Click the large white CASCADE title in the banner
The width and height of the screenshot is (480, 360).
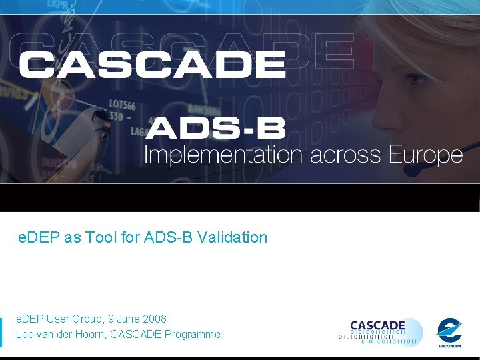coord(152,65)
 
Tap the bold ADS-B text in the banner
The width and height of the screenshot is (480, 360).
coord(215,129)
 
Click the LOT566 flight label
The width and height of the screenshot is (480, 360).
coord(122,105)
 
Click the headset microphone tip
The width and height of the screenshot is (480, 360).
coord(413,170)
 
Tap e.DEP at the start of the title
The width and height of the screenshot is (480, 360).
coord(39,237)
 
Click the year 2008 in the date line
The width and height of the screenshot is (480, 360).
coord(153,319)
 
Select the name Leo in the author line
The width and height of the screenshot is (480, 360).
coord(25,334)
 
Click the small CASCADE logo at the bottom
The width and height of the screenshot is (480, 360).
coord(380,332)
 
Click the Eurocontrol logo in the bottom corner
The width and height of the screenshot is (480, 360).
coord(449,331)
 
